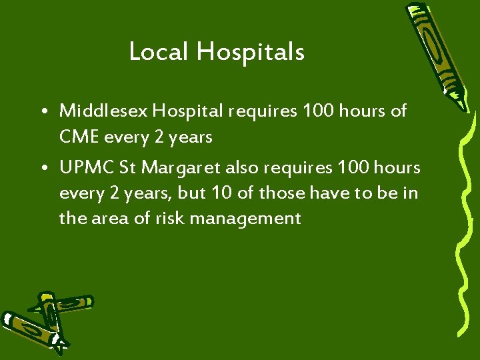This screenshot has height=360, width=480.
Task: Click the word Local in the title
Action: pos(158,51)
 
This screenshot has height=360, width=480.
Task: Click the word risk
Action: pos(161,218)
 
